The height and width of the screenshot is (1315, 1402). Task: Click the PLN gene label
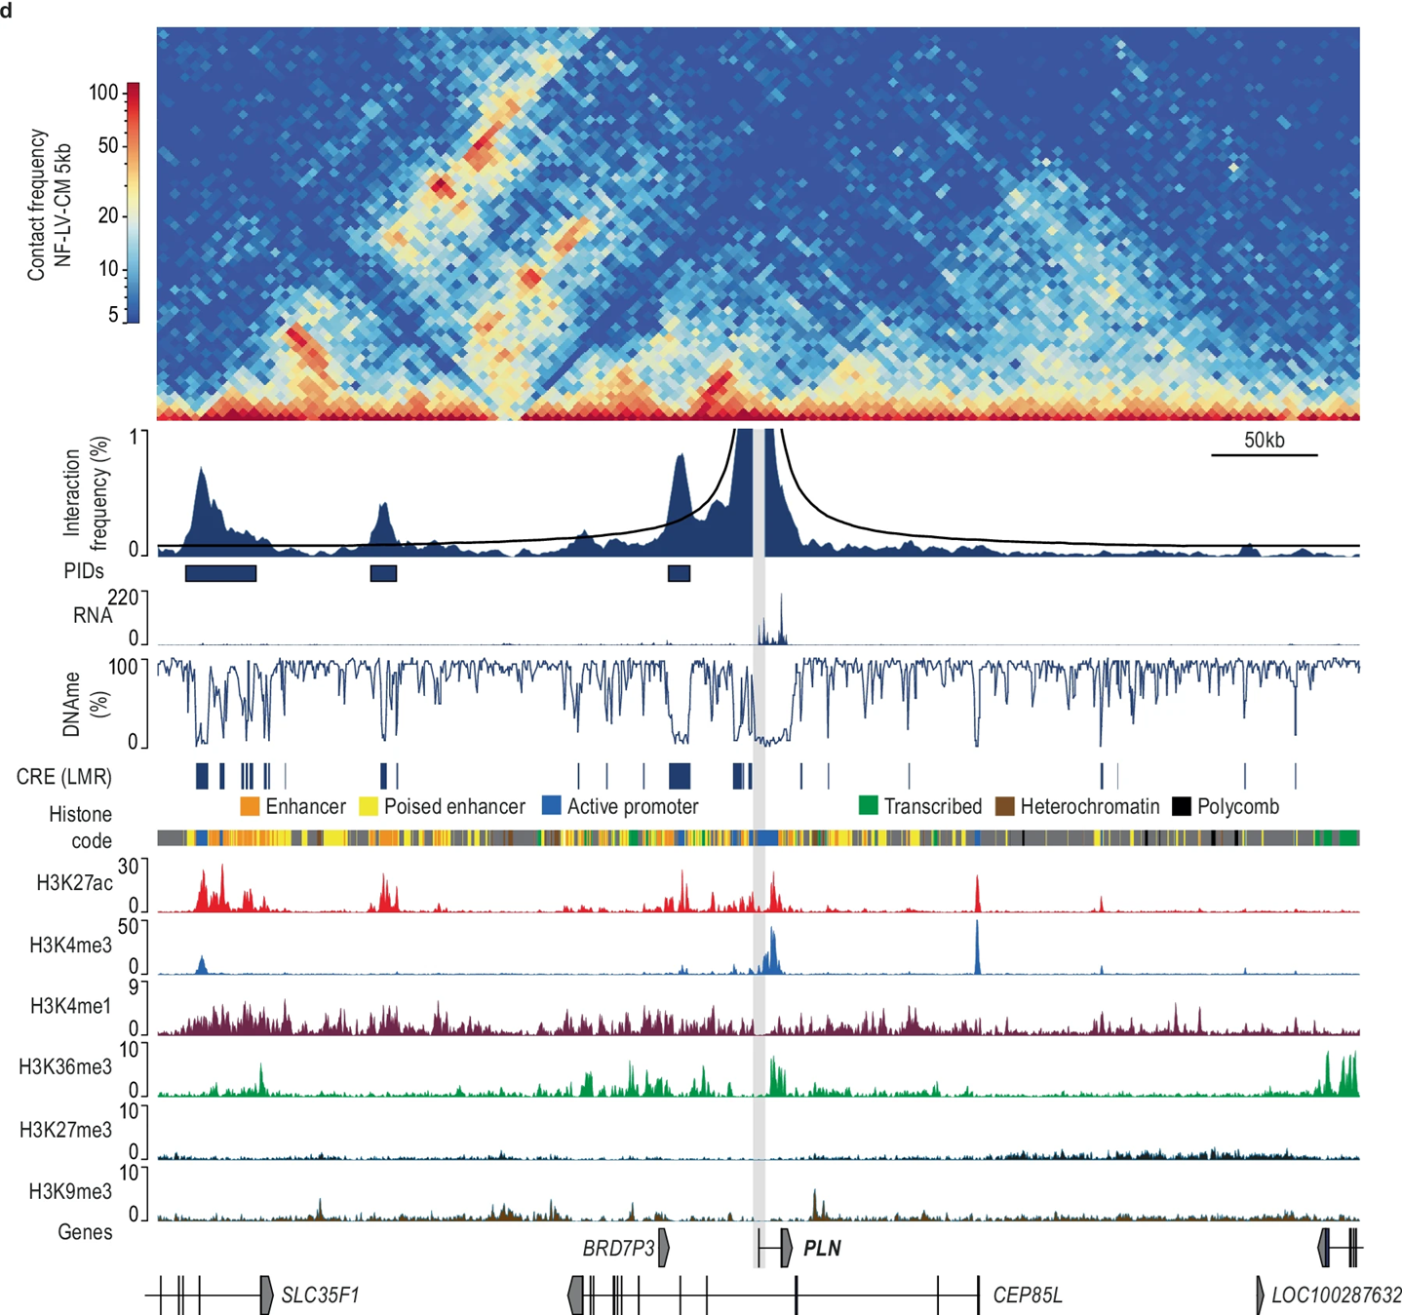click(x=821, y=1249)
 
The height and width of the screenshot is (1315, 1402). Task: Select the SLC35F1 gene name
click(x=320, y=1296)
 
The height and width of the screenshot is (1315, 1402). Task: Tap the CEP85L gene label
click(x=1027, y=1296)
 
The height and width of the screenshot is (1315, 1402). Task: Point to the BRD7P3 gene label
click(x=618, y=1249)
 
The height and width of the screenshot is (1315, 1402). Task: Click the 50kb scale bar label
click(x=1264, y=440)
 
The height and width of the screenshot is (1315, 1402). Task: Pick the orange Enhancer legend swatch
click(x=250, y=806)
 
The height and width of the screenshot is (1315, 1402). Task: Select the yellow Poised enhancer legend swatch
click(x=369, y=806)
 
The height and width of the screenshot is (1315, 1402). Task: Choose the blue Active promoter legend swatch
click(x=551, y=806)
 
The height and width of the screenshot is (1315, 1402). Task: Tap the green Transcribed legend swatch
click(x=868, y=806)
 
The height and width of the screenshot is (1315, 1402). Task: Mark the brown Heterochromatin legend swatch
click(x=1004, y=806)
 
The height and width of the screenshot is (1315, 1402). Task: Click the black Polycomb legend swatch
click(x=1182, y=806)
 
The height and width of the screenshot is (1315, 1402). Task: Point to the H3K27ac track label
click(x=74, y=883)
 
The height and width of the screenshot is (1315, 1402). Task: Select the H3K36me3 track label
click(x=65, y=1066)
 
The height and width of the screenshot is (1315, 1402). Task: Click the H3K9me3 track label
click(x=70, y=1191)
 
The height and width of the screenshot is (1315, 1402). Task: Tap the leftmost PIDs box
click(x=220, y=573)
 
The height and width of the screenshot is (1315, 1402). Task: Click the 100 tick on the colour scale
click(x=103, y=93)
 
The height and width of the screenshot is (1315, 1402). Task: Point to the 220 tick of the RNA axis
click(x=123, y=598)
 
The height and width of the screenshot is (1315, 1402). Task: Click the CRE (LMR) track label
click(x=64, y=777)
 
